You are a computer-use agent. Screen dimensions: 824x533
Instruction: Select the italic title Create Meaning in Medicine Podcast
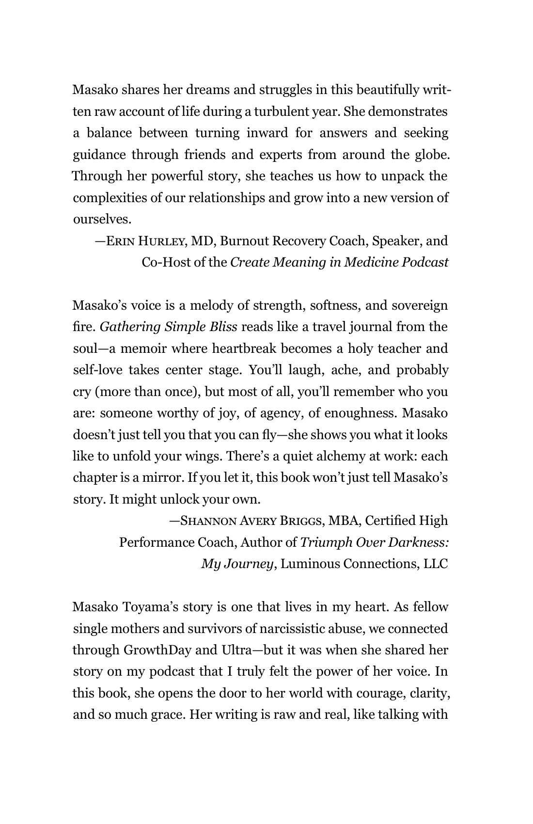point(339,262)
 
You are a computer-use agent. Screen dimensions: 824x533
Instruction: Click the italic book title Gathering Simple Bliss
point(168,327)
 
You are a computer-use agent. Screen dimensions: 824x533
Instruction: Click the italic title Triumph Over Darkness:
point(374,542)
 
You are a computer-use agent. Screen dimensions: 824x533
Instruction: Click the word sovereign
point(420,306)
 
